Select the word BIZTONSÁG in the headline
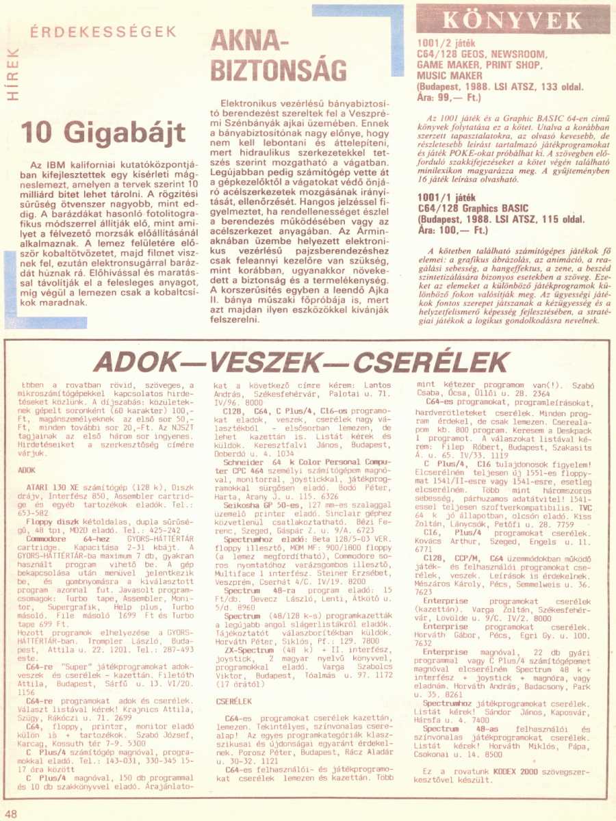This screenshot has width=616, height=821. click(278, 70)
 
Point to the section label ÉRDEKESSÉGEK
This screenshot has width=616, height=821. click(103, 31)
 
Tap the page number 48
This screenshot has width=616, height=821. click(11, 813)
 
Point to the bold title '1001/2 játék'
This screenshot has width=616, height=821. click(446, 42)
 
